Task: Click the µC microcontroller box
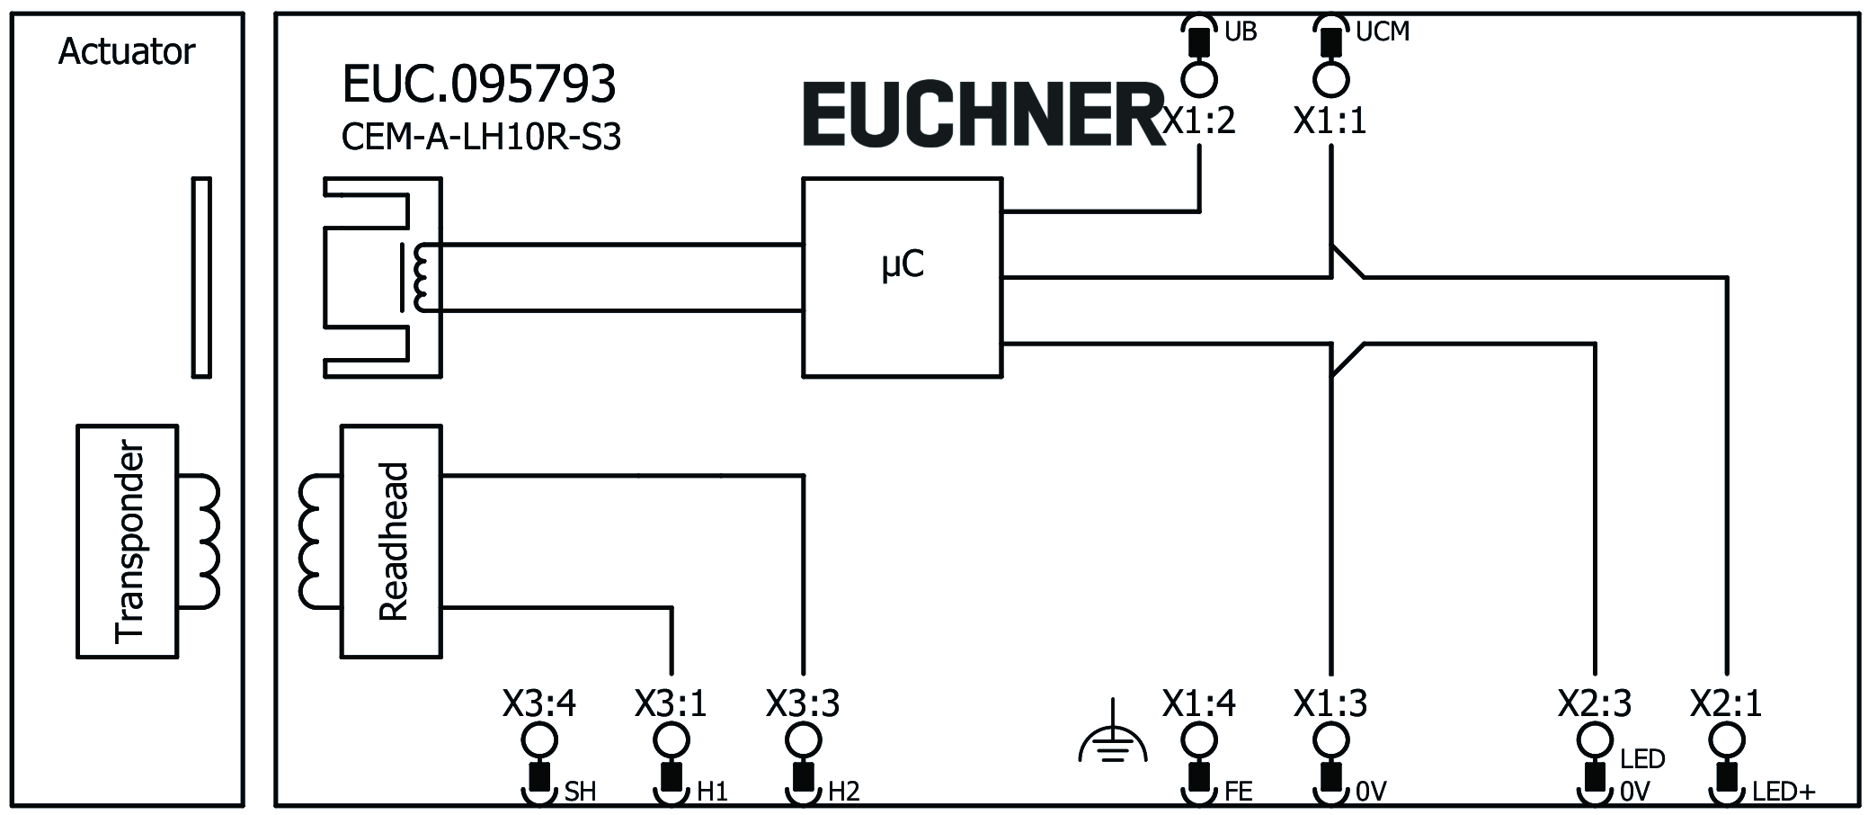902,277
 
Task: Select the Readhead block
391,542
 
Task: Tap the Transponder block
127,542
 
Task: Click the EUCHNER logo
984,115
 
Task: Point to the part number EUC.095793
479,85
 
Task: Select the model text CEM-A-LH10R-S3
481,138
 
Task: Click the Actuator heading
126,52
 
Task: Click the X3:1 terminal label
671,703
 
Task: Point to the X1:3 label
1330,703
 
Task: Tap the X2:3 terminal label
1595,703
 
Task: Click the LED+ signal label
1783,792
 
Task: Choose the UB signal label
1241,32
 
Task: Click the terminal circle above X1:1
1330,79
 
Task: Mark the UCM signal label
1382,32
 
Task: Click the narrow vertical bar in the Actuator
201,277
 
